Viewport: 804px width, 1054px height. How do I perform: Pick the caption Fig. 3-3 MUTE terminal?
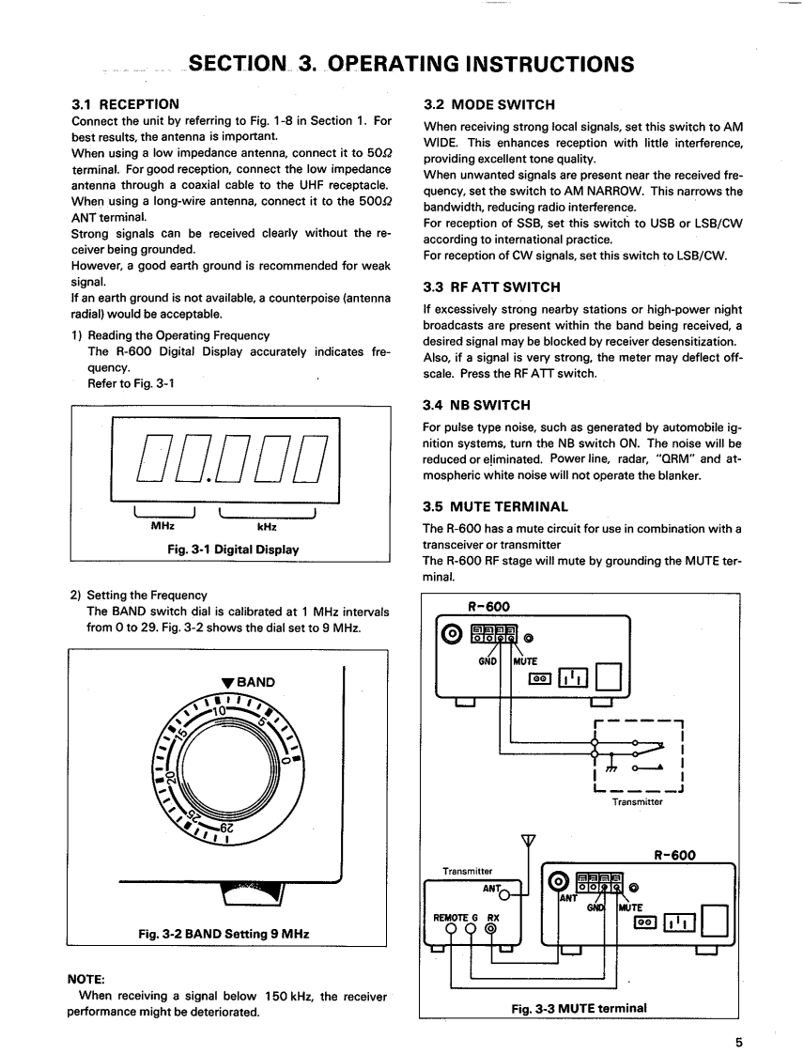point(579,1008)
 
